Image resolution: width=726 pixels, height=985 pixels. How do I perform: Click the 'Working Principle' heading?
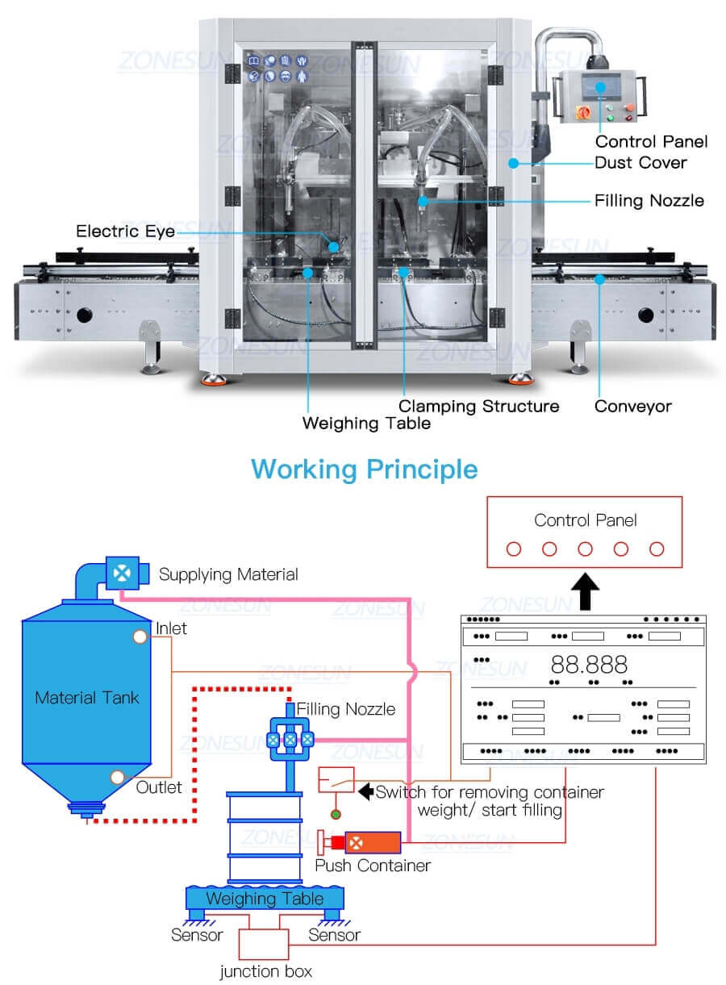364,469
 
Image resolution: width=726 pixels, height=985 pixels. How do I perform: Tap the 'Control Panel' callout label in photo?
652,142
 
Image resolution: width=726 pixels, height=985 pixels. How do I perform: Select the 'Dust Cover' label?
640,163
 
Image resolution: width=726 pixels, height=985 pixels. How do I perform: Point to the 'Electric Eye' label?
125,232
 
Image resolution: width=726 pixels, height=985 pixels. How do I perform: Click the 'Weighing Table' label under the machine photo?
366,424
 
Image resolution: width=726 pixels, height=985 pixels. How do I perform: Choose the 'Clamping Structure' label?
479,406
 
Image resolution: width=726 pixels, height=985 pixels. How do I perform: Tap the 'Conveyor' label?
632,407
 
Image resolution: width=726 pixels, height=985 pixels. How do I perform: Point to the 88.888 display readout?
589,665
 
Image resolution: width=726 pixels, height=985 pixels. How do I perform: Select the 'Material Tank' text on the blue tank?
87,697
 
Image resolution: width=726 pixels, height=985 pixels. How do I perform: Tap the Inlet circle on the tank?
140,636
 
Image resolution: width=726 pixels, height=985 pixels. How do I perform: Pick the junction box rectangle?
265,941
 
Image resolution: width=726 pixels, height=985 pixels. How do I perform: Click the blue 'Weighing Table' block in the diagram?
265,898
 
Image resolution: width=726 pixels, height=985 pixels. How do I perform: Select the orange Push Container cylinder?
373,842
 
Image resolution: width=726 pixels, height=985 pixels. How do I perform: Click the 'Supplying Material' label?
228,575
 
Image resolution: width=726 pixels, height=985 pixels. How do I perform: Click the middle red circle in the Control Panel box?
585,549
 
